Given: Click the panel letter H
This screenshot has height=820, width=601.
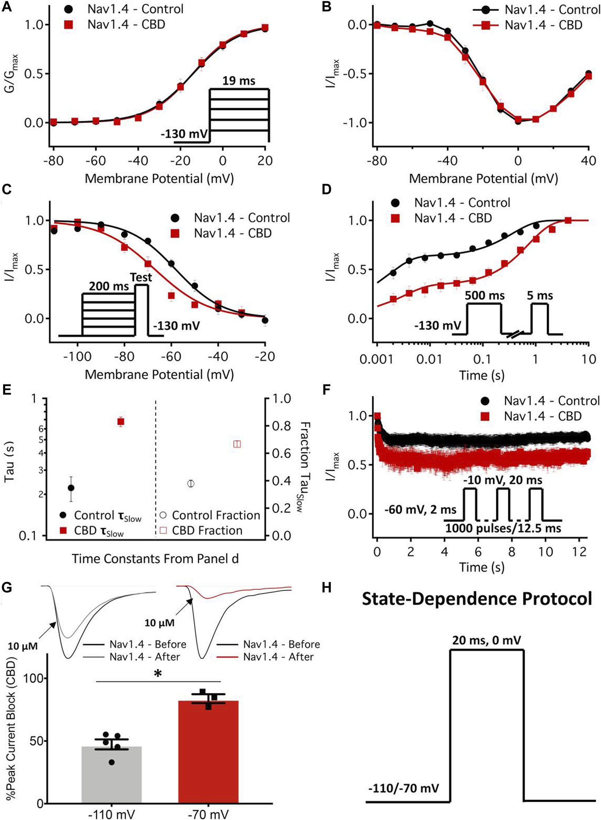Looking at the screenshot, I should pyautogui.click(x=327, y=588).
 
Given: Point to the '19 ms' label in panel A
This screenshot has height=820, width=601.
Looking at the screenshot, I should pyautogui.click(x=239, y=80).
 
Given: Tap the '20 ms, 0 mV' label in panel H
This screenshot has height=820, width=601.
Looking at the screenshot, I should pyautogui.click(x=487, y=639).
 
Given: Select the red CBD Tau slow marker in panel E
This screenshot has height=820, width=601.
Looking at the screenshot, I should pyautogui.click(x=121, y=422).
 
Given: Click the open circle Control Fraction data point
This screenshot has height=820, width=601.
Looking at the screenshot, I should pyautogui.click(x=191, y=483).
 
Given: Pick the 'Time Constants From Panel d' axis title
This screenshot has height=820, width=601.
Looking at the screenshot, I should pyautogui.click(x=155, y=559).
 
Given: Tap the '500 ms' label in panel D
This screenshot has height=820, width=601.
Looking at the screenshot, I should pyautogui.click(x=484, y=295).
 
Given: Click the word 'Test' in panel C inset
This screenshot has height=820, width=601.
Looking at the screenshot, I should pyautogui.click(x=141, y=278).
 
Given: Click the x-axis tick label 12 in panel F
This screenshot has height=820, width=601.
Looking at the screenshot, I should pyautogui.click(x=580, y=551).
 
